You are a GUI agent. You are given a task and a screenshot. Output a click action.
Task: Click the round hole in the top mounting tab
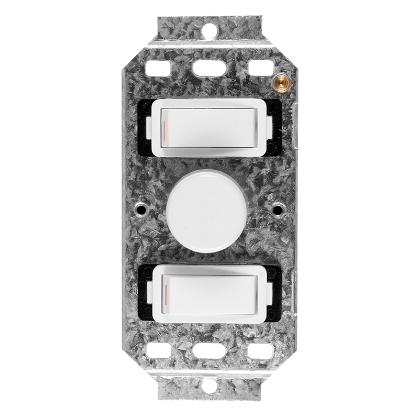210,31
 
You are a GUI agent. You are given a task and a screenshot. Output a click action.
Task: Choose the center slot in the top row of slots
210,68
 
